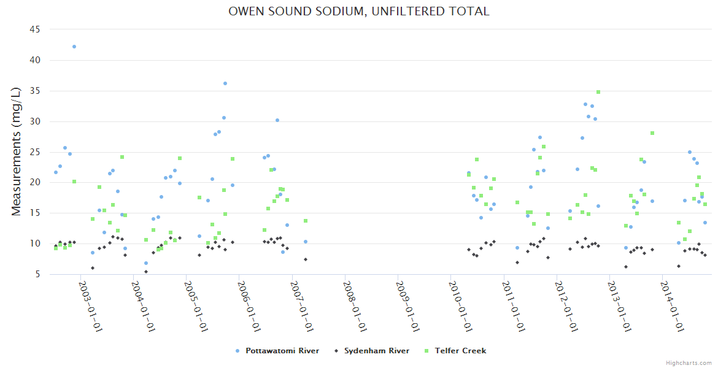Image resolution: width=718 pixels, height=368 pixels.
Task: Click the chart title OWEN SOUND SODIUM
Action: (358, 12)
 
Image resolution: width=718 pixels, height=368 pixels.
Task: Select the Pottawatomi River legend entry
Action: (282, 351)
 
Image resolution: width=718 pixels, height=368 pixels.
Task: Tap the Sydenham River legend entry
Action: (376, 351)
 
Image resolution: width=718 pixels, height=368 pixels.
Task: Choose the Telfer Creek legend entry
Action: (460, 351)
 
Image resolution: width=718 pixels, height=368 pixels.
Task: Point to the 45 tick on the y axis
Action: (35, 29)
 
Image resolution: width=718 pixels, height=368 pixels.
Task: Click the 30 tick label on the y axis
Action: (35, 121)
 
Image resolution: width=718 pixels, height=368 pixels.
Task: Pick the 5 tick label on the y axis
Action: (37, 274)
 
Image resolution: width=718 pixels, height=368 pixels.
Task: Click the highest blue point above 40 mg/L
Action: (74, 47)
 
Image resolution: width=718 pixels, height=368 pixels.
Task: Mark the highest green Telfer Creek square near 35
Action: (598, 92)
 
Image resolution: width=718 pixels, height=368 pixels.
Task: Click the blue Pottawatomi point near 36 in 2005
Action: (225, 83)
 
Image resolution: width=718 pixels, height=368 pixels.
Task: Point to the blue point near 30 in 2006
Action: (277, 120)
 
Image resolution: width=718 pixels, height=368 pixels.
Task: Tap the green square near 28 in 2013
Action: (652, 133)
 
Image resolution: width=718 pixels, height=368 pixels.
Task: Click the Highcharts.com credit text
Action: (689, 362)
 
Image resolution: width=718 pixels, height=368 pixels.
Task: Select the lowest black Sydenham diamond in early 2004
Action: (145, 271)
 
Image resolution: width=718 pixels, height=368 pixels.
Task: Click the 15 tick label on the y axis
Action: (35, 213)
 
